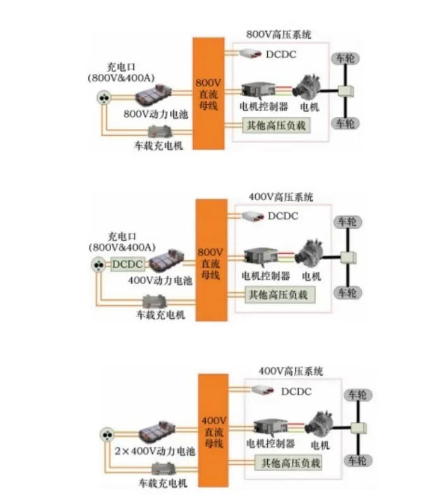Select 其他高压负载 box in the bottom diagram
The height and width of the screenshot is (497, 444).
[287, 463]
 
